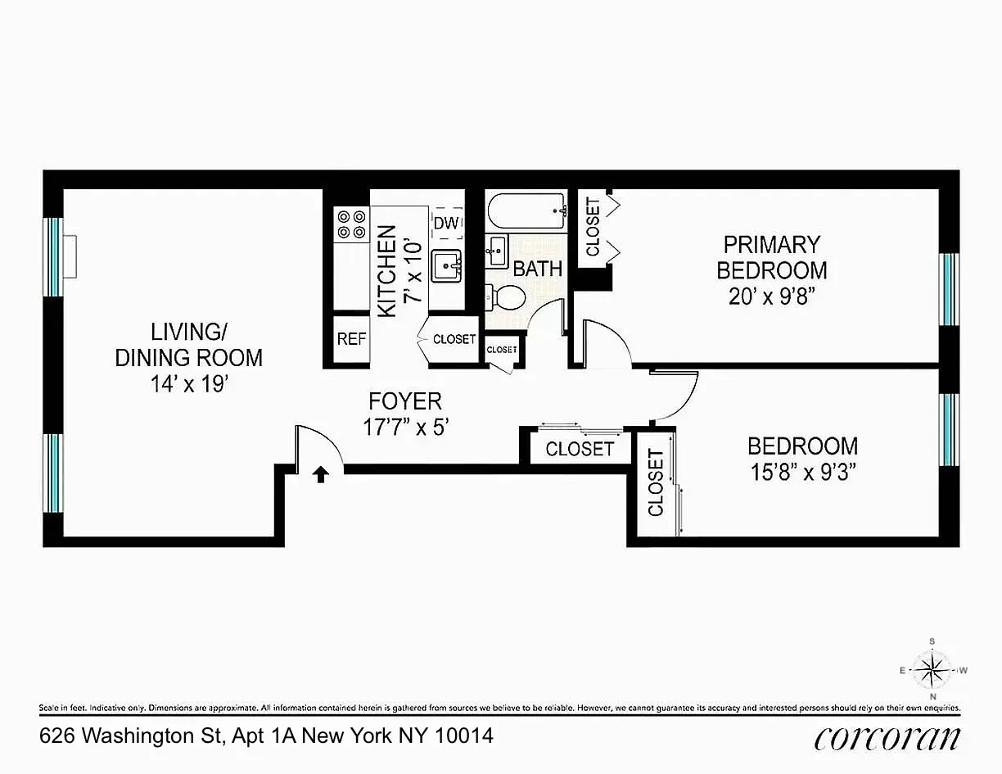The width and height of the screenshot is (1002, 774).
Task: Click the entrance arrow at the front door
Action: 321,474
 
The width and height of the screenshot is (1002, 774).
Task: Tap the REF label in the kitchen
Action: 352,338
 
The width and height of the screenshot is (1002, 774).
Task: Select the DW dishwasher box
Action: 445,223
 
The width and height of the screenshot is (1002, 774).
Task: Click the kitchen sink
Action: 447,265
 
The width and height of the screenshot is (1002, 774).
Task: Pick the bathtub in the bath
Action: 527,213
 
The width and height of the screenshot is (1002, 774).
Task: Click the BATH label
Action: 538,268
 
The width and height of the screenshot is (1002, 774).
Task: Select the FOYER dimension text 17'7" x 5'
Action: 406,427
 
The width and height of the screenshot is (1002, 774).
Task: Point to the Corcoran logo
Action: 887,738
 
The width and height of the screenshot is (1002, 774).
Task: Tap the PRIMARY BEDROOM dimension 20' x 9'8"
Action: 772,296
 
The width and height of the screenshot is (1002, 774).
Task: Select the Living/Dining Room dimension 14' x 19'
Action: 188,384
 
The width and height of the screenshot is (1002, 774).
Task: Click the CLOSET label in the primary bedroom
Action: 593,227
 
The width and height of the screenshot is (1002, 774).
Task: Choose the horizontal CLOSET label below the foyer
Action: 580,449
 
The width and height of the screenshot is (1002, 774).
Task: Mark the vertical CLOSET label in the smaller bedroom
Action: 656,483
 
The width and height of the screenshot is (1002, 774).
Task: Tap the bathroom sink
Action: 497,251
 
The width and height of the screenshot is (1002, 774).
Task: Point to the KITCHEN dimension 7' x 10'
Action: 413,271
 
